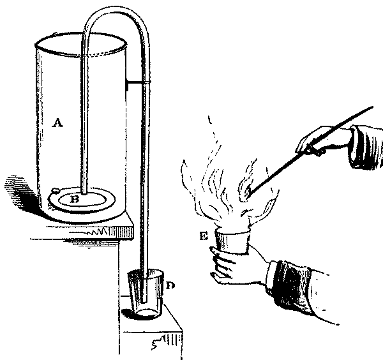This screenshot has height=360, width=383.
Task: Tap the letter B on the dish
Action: point(74,199)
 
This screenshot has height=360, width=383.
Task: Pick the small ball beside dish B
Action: point(56,191)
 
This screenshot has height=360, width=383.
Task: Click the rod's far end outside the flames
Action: point(371,108)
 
